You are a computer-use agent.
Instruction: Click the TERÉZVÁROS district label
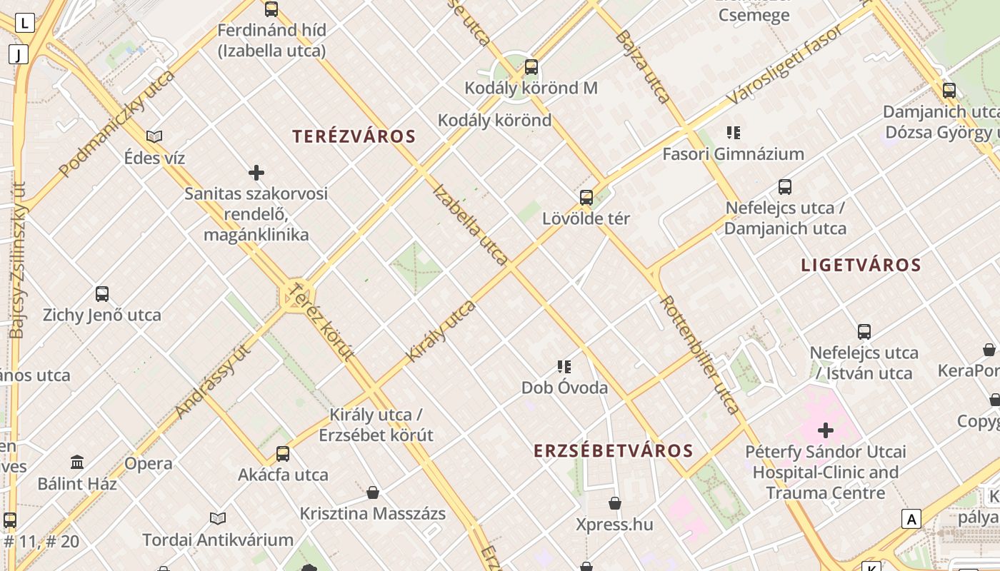[x=354, y=136]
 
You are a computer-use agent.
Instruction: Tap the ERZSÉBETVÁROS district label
[x=614, y=450]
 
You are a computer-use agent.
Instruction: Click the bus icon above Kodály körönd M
[x=531, y=68]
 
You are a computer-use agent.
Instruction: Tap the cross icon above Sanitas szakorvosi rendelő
[x=256, y=173]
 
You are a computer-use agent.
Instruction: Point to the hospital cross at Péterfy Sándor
[x=826, y=430]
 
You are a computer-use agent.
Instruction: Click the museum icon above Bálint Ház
[x=77, y=463]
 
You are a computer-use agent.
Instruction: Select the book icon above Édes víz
[x=154, y=136]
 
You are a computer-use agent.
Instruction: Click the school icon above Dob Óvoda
[x=564, y=367]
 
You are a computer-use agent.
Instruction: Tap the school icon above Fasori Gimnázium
[x=733, y=133]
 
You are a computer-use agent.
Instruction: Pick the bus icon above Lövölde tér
[x=586, y=198]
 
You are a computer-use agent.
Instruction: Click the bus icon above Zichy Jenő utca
[x=102, y=294]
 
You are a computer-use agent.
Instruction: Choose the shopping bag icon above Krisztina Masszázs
[x=372, y=492]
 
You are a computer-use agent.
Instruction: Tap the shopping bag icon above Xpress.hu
[x=614, y=504]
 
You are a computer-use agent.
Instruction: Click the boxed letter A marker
[x=911, y=519]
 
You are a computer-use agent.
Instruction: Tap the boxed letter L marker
[x=25, y=23]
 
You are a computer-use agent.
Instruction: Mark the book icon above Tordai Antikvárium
[x=218, y=518]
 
